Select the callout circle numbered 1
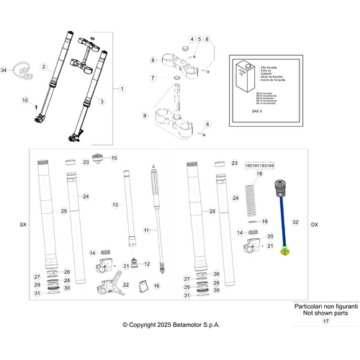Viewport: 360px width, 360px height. pos(122,89)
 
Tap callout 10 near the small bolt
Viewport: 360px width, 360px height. pos(25,100)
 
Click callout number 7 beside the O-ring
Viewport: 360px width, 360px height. pos(153,78)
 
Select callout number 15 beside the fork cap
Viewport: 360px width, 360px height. pos(113,158)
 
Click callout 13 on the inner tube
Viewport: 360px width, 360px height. pos(115,205)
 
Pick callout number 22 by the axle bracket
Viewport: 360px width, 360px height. pos(126,285)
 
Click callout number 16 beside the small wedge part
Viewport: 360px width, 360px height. pos(156,286)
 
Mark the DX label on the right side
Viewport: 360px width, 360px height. pos(314,225)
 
